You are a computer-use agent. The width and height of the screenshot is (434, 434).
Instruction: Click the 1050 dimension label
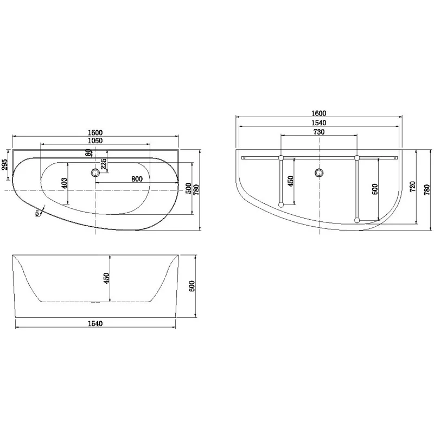95,141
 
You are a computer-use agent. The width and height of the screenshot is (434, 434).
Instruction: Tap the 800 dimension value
136,179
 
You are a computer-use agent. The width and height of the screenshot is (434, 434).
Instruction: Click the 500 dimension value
188,188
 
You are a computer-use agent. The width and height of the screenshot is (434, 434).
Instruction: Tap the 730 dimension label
318,132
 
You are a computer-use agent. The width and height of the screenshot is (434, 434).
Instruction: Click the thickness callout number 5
37,213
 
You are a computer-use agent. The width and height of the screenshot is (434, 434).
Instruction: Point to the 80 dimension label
88,153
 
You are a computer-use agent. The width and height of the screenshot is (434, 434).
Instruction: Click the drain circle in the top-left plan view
95,173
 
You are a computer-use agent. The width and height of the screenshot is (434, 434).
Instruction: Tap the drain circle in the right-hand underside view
318,173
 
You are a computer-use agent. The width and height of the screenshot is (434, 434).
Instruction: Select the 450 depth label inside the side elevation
107,278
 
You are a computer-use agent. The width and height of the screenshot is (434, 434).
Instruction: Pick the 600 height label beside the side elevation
191,286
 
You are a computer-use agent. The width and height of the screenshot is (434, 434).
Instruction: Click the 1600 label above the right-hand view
318,113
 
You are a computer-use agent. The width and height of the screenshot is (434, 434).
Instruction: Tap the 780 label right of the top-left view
196,189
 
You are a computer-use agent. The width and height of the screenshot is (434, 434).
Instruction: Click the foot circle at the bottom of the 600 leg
356,220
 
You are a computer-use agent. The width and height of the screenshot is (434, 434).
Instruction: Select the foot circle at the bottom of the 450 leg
280,205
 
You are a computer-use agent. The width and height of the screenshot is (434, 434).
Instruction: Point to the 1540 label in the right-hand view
318,123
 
